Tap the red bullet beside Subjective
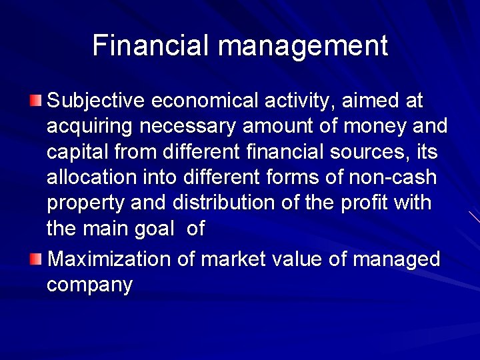tap(35, 101)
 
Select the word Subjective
tap(96, 101)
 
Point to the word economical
tap(206, 101)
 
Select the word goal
tap(152, 229)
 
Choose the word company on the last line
tap(90, 285)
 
